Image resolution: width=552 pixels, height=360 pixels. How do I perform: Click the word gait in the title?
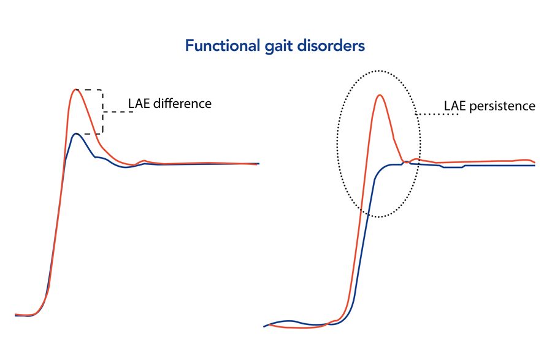pyautogui.click(x=279, y=47)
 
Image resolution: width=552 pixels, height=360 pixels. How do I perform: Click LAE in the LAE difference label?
pyautogui.click(x=139, y=104)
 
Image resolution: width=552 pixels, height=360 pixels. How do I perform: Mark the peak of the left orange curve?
pyautogui.click(x=75, y=90)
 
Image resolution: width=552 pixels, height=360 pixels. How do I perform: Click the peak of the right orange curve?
pyautogui.click(x=380, y=95)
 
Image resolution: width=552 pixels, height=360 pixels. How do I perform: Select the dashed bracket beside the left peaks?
pyautogui.click(x=102, y=112)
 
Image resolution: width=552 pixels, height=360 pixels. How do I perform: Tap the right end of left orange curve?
pyautogui.click(x=257, y=164)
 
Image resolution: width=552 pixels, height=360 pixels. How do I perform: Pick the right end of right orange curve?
pyautogui.click(x=535, y=163)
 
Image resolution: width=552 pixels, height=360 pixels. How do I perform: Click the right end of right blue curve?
pyautogui.click(x=535, y=166)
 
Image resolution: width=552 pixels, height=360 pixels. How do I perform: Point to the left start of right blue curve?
pyautogui.click(x=265, y=326)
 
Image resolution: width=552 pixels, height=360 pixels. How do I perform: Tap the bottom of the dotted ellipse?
pyautogui.click(x=378, y=216)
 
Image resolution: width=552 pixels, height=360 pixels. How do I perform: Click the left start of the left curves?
pyautogui.click(x=15, y=315)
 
